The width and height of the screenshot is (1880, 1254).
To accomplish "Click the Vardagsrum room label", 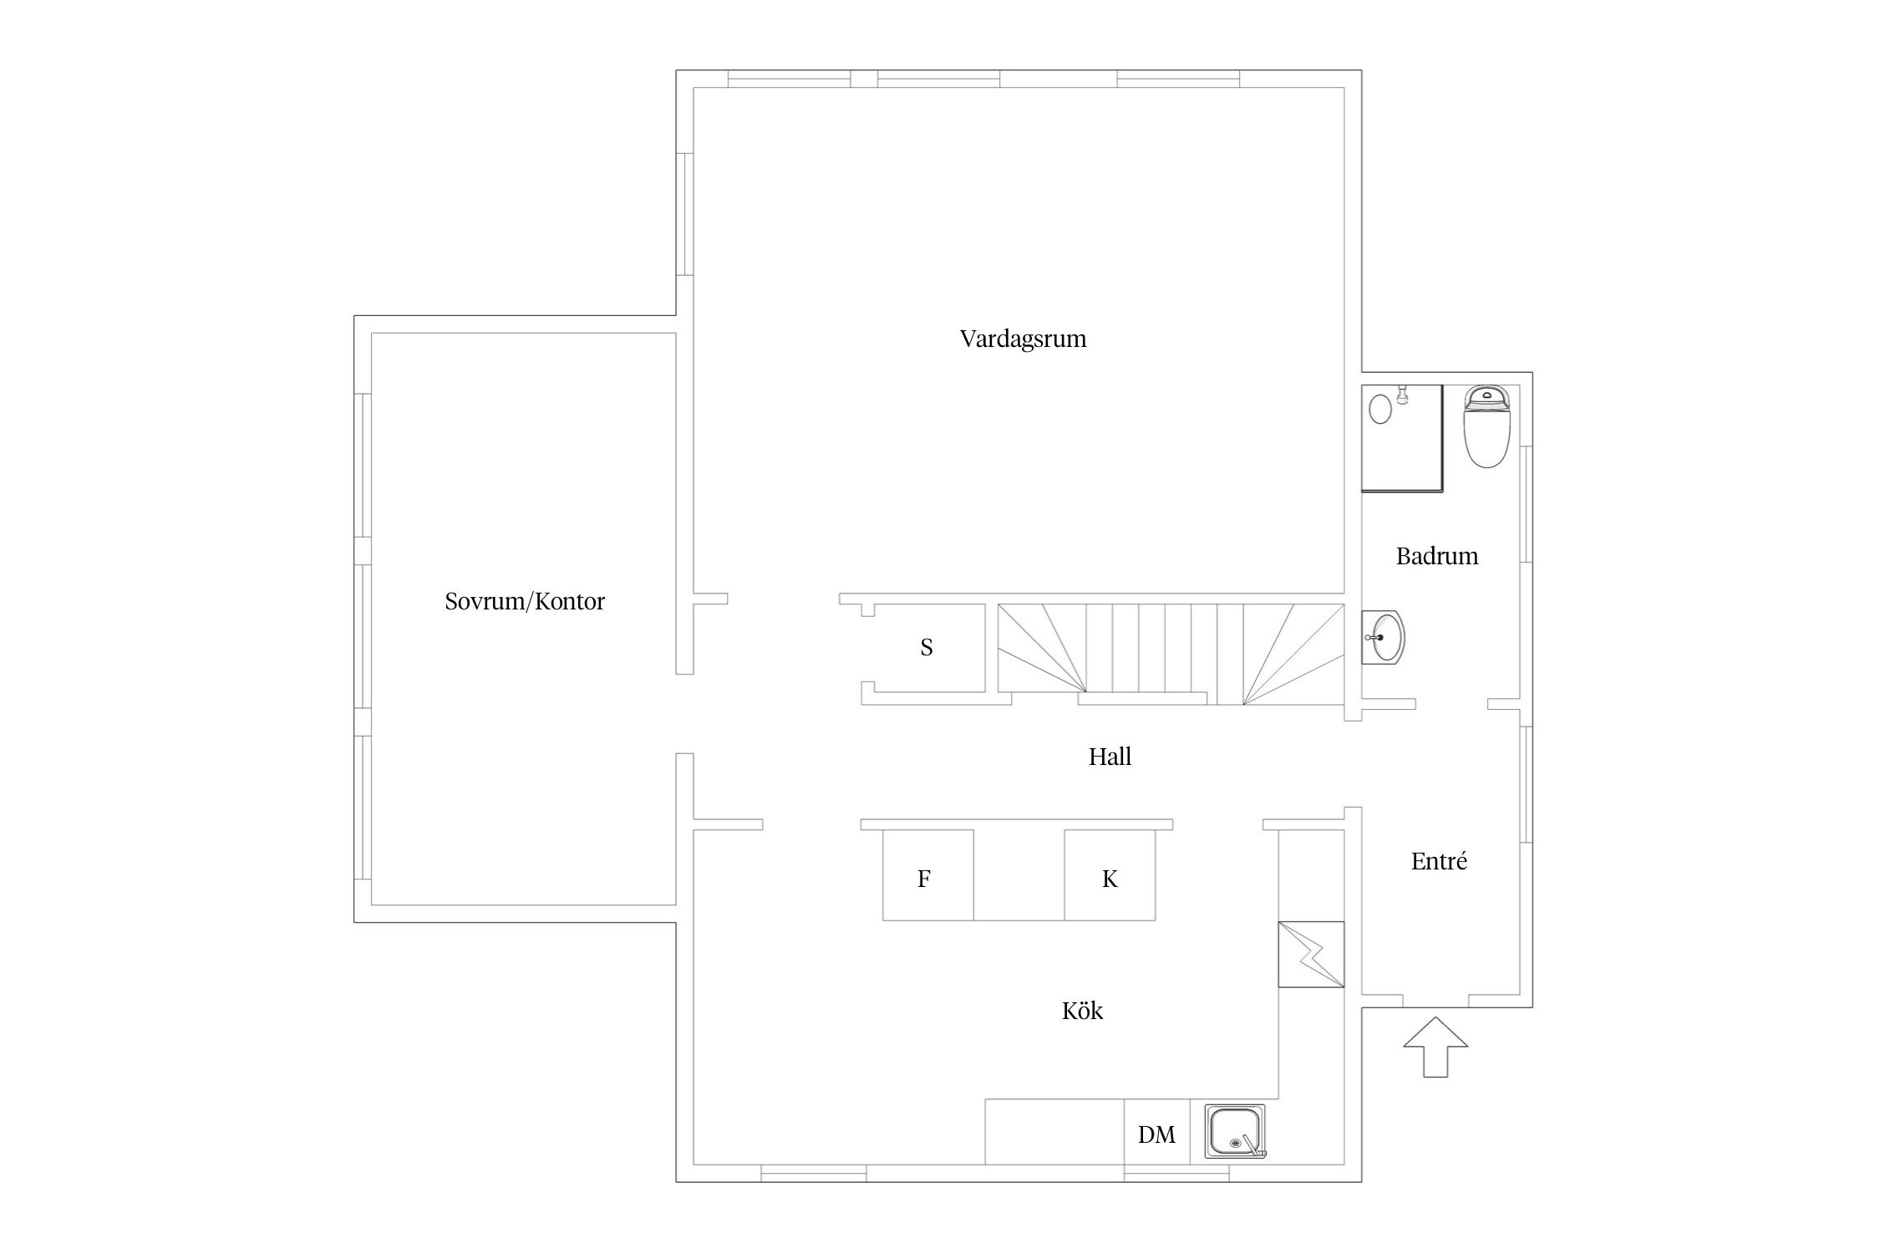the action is [1023, 339].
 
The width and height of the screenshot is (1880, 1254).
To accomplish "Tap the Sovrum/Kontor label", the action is [525, 602].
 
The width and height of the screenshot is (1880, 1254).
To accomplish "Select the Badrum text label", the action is [1437, 557].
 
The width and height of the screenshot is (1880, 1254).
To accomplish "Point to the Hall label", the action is [1110, 757].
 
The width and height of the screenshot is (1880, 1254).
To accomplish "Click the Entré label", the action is [1439, 861].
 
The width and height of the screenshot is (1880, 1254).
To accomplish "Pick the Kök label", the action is [1082, 1011].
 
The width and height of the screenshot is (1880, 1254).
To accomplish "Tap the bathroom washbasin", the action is [1384, 637].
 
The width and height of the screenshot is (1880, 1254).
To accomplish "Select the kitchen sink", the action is [1235, 1131].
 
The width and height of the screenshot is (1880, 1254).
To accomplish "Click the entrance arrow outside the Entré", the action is [1435, 1046].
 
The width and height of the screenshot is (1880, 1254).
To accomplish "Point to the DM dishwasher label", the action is [1156, 1134].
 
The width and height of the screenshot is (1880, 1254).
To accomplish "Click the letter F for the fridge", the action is [924, 879].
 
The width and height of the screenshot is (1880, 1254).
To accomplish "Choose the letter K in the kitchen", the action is [1110, 879].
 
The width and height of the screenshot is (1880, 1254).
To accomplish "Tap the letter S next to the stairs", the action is [927, 647].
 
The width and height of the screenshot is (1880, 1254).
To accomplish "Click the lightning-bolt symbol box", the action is [1311, 955].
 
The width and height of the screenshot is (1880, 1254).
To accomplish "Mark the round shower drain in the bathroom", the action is [1381, 410].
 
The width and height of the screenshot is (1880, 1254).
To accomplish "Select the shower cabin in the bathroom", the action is [1403, 438].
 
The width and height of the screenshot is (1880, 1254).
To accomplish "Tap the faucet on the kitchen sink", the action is [1252, 1144].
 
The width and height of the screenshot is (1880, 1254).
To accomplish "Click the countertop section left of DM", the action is [1054, 1131].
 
